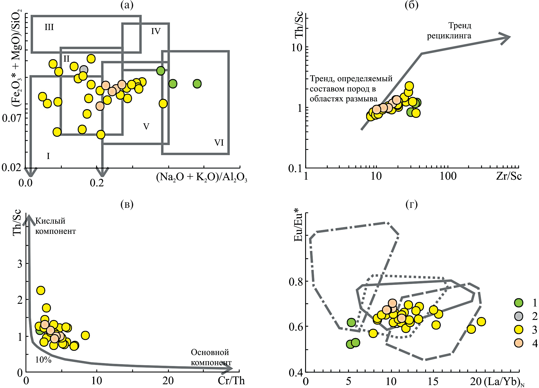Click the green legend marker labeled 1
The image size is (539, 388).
click(519, 303)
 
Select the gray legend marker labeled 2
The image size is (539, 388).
click(519, 316)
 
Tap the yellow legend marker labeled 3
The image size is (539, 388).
click(519, 330)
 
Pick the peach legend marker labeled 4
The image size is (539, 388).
click(519, 343)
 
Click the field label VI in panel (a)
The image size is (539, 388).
click(219, 143)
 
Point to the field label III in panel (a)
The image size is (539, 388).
click(49, 27)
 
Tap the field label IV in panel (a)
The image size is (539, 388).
click(156, 31)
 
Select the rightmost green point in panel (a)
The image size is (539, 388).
click(197, 84)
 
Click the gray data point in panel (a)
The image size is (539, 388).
click(84, 70)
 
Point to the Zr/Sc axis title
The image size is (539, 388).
click(509, 176)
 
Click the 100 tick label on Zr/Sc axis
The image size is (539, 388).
click(448, 176)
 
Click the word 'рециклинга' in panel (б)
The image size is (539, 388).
click(449, 36)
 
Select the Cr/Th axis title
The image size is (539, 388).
click(231, 380)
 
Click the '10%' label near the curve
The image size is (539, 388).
click(43, 360)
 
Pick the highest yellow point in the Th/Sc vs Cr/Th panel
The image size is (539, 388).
click(41, 290)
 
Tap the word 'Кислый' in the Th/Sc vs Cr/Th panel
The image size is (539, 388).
click(50, 221)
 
